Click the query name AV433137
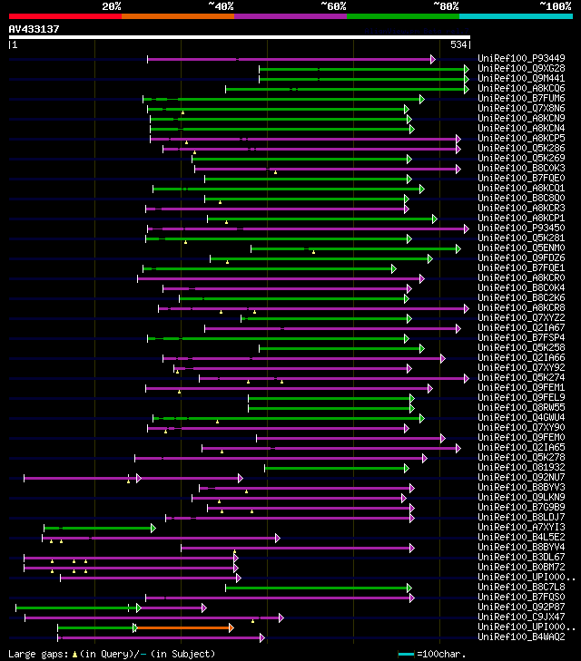tap(34, 29)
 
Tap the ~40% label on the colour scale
tap(221, 6)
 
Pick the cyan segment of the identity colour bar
tap(516, 15)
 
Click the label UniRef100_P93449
tap(521, 58)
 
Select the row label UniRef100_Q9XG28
tap(521, 68)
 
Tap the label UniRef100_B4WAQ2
tap(521, 637)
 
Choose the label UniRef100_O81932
tap(521, 467)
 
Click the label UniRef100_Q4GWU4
tap(521, 417)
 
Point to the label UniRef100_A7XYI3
tap(521, 527)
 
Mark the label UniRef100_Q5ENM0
tap(521, 248)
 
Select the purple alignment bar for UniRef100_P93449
tap(290, 59)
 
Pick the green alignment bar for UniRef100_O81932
tap(336, 468)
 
